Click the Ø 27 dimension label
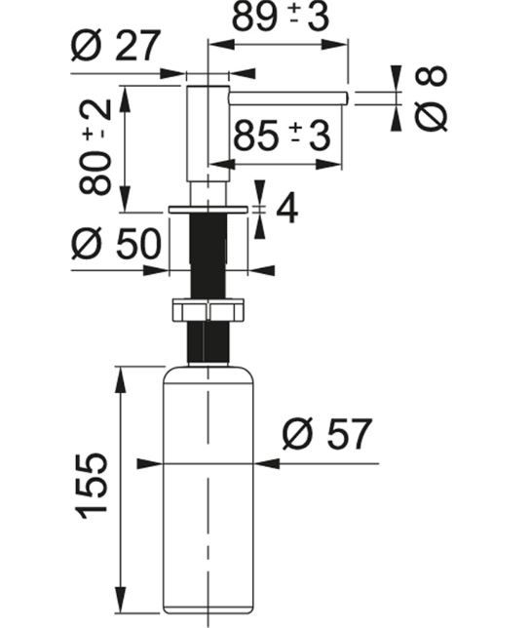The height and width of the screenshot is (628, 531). point(116,45)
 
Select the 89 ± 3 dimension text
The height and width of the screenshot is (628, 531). point(281,17)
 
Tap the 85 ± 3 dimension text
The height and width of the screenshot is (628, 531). point(282,136)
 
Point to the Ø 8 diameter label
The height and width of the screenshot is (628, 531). point(431,98)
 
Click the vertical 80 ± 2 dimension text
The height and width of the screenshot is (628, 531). point(95,146)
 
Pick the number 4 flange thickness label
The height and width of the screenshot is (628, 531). point(286,209)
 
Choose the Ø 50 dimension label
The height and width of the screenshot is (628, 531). point(117,244)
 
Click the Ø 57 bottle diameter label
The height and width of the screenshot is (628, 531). point(327,434)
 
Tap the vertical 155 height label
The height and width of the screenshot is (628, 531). point(92,486)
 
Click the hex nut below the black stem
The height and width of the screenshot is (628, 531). point(208,309)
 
